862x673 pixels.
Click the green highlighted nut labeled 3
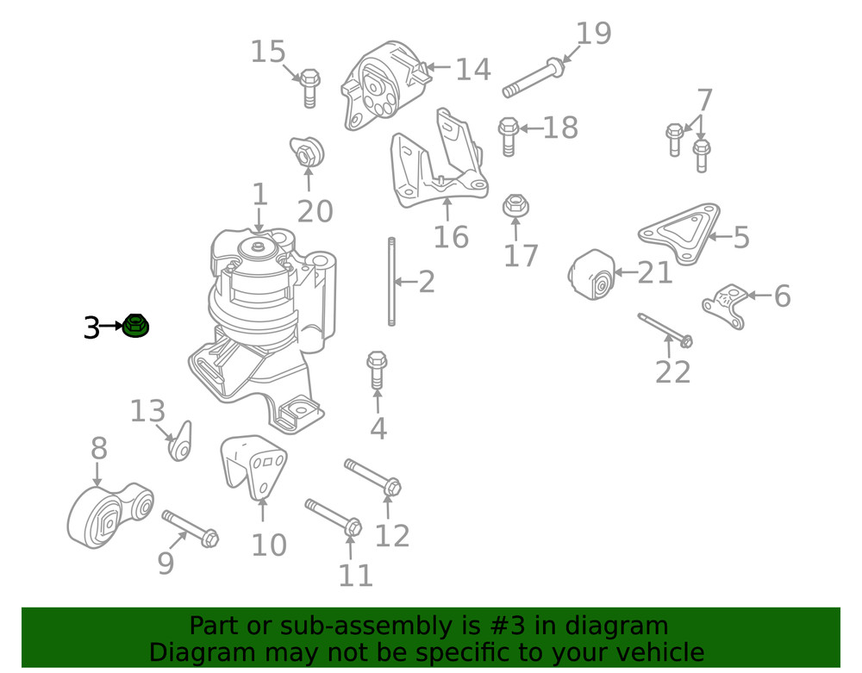coord(135,327)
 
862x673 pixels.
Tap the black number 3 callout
coord(91,327)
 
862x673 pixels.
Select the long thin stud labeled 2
coord(391,282)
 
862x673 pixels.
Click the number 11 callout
coord(355,575)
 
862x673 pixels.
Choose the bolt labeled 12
coord(372,477)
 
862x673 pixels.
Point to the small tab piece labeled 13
coord(180,442)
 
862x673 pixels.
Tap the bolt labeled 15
coord(310,87)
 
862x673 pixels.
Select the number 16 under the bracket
coord(451,236)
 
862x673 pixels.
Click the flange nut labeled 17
coord(515,206)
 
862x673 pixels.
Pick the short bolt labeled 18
coord(507,135)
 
